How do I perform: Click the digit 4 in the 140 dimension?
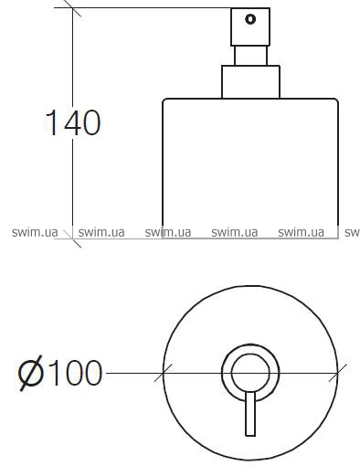pos(71,122)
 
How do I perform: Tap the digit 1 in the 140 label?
pos(52,122)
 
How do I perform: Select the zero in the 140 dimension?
pos(91,122)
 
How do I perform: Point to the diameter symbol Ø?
pos(30,373)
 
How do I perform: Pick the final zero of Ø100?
pos(92,373)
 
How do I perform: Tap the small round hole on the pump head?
pos(250,19)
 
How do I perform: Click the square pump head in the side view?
pos(250,27)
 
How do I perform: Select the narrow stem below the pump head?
pos(250,56)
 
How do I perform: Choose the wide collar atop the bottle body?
pos(250,82)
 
